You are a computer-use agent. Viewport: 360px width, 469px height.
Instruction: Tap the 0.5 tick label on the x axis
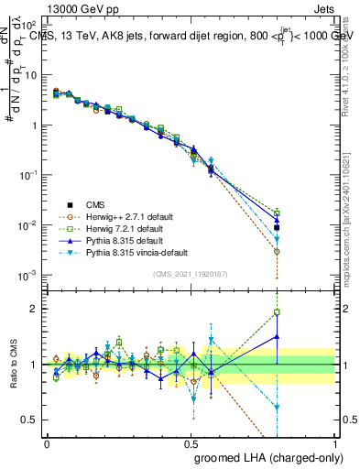point(191,442)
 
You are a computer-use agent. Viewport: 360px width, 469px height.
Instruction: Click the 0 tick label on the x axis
point(47,442)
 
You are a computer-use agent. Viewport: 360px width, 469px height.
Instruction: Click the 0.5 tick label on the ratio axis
point(32,420)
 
